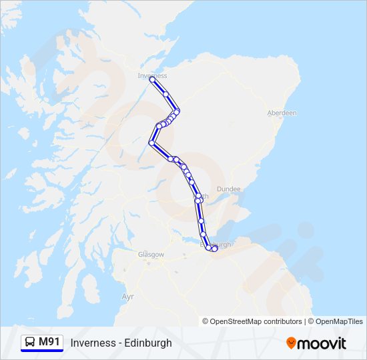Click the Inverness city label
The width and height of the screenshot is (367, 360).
[152, 75]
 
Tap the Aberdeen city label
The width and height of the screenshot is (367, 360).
[282, 113]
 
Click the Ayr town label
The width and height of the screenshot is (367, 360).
[128, 295]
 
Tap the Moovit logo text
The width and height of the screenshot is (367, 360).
[322, 343]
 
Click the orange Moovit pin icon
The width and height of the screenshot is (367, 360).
[291, 343]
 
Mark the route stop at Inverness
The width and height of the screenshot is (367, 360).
[151, 79]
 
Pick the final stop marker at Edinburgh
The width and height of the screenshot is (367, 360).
[215, 248]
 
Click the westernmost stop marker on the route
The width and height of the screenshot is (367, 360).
[152, 143]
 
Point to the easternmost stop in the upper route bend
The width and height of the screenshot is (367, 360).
[177, 111]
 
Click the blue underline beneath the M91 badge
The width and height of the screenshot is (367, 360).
[42, 351]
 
